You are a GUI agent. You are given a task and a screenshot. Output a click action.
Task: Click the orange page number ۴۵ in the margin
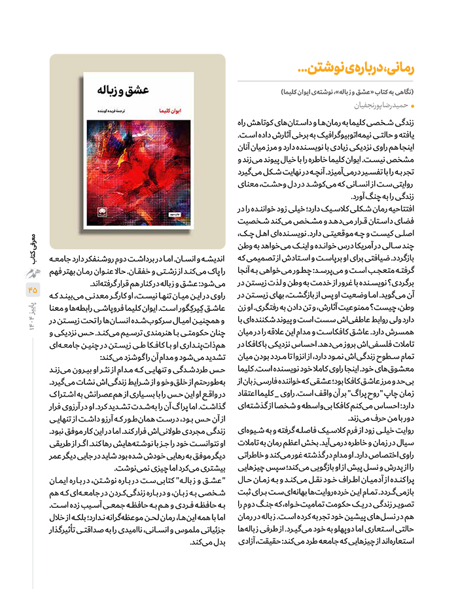pos(33,288)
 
